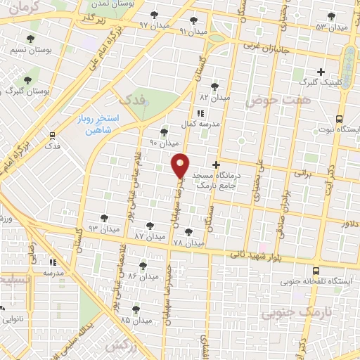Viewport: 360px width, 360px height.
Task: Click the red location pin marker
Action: pos(181,165)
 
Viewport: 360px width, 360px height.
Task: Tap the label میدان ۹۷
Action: pos(154,25)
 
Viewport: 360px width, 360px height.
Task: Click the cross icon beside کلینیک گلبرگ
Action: pos(321,71)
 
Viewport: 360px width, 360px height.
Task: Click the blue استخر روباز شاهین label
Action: pos(98,124)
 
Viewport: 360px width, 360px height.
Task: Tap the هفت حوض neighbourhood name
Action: pos(269,101)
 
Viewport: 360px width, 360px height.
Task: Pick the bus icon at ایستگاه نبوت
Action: pos(340,119)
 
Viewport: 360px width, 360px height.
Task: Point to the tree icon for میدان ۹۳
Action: pos(105,218)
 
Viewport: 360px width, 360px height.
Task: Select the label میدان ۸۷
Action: pos(148,237)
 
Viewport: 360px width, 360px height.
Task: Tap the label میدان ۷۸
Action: pos(188,243)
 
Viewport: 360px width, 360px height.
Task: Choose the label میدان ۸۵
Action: pos(136,320)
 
